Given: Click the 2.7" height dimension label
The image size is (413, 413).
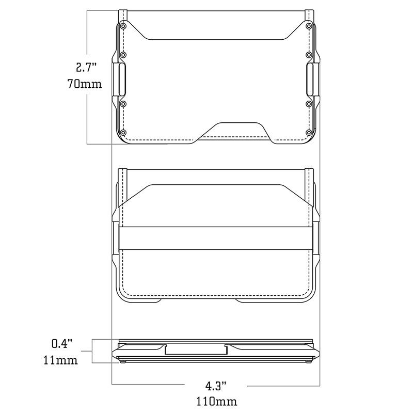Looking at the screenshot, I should click(x=86, y=68).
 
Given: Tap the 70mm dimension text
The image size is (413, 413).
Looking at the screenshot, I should click(x=85, y=83).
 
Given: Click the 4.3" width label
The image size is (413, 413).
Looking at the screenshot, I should click(x=216, y=386).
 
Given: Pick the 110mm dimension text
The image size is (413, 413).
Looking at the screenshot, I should click(x=216, y=401).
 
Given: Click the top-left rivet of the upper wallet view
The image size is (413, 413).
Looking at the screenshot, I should click(x=123, y=25).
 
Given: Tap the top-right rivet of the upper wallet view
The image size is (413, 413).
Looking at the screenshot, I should click(x=308, y=25).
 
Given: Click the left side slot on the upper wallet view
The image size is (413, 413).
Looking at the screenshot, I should click(x=121, y=80).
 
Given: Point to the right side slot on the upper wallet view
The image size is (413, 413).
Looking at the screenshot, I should click(x=310, y=80).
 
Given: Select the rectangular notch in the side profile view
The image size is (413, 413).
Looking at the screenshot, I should click(x=196, y=351).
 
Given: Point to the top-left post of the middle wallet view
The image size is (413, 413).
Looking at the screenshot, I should click(x=122, y=176).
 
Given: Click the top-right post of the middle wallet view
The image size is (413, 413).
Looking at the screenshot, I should click(x=309, y=176).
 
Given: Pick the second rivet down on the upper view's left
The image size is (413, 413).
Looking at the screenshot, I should click(x=123, y=55).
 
